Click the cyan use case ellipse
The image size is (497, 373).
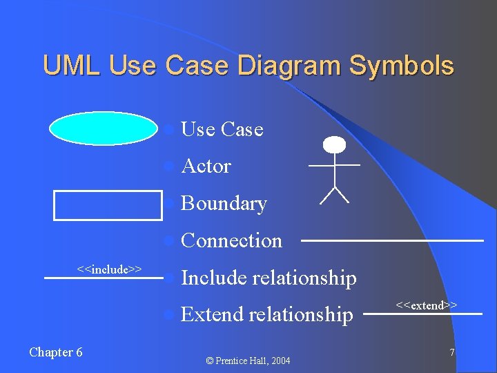coord(104,129)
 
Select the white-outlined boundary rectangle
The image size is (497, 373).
coord(108,204)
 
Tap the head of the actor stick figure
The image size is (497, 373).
coord(334,144)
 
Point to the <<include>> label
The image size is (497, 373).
coord(109,269)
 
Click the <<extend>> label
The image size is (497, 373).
coord(427,305)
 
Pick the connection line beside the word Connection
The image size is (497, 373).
coord(392,240)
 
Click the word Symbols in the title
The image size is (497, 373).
coord(401,66)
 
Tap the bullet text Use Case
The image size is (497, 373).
coord(222,129)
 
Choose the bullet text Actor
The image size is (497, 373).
coord(206,166)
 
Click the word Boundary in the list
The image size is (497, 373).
coord(223,204)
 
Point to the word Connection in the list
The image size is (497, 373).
coord(231,241)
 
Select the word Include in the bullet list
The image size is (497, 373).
coord(213,278)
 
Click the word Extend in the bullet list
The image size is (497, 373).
coord(211,315)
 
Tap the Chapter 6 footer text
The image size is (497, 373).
coord(56,352)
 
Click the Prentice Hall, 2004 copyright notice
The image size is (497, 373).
coord(248,361)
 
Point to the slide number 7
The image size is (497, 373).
coord(452,352)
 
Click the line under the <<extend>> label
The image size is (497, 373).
coord(422,314)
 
